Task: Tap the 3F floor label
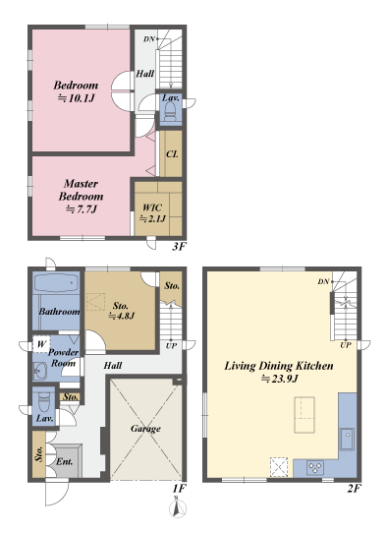179,246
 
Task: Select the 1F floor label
179,488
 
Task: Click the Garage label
145,429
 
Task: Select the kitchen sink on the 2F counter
347,436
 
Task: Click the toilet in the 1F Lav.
43,401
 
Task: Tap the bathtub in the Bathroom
55,284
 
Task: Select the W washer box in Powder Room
40,344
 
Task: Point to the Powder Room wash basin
40,372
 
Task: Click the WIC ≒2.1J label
152,213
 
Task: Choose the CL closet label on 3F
172,155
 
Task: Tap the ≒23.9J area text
278,379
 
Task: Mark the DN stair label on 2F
323,282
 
